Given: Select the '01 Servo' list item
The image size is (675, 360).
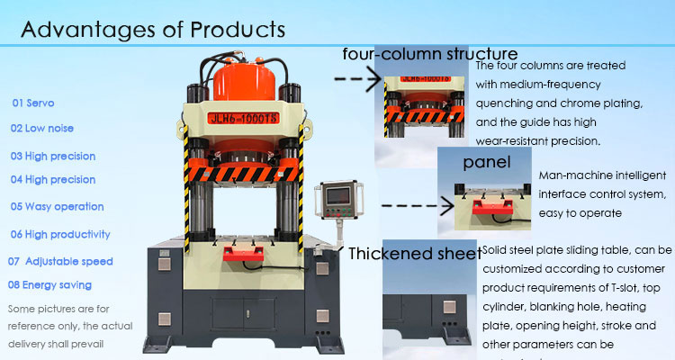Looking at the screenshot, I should tap(32, 103).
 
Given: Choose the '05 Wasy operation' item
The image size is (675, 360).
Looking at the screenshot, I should tap(57, 206).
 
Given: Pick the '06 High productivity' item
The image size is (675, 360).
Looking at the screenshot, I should tap(60, 234).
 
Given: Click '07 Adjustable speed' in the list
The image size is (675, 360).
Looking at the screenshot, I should tap(60, 261).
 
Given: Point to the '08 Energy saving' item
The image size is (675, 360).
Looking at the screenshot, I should tap(49, 284).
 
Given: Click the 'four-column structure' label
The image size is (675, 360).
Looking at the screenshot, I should tap(430, 53).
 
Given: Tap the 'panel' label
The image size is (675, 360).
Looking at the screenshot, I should tap(487, 163).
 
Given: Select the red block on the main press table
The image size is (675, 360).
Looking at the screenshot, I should tap(241, 258).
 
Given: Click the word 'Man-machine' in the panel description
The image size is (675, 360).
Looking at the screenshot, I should tap(570, 176).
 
